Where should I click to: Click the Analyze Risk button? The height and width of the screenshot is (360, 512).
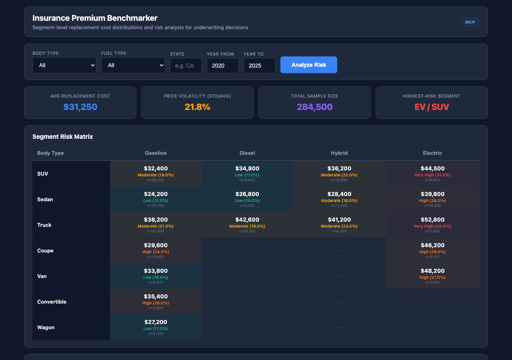[308, 65]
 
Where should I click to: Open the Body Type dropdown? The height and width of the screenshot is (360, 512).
[64, 65]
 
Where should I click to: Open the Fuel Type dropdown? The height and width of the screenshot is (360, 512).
[133, 65]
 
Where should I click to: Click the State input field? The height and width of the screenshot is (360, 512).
[186, 66]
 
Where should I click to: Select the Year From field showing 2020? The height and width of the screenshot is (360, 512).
[222, 66]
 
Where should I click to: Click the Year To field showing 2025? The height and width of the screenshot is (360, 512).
[259, 66]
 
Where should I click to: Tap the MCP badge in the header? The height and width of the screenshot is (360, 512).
[470, 22]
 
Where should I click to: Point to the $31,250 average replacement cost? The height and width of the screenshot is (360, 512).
[80, 107]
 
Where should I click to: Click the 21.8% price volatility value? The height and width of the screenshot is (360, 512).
[197, 107]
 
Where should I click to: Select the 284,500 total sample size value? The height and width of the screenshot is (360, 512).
[314, 107]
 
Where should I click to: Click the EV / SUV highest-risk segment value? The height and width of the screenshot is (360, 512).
[432, 107]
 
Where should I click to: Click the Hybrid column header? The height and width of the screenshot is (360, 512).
[339, 153]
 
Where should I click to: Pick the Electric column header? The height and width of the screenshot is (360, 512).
[432, 153]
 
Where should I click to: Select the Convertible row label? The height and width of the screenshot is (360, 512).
[52, 302]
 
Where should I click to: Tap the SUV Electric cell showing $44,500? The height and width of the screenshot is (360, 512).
[432, 174]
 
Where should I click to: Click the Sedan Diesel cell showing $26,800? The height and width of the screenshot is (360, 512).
[247, 199]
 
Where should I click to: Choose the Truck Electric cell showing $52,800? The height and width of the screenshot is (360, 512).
[432, 225]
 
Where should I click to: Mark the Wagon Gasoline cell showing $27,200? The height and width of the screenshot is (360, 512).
[156, 327]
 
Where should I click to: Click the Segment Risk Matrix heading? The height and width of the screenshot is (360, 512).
[62, 137]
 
